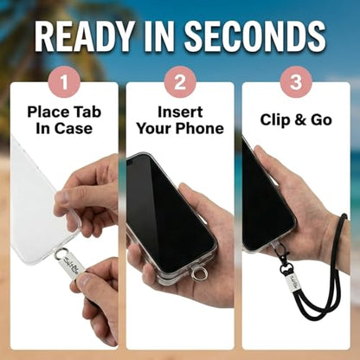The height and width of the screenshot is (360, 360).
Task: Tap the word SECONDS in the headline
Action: click(255, 36)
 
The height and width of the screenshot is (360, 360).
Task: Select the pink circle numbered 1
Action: click(64, 82)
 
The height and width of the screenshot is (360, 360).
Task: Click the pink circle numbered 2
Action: click(180, 82)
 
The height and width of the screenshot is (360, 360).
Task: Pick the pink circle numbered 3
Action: click(296, 82)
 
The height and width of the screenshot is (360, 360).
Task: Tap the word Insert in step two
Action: click(180, 112)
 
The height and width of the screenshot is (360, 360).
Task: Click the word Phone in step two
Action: click(200, 128)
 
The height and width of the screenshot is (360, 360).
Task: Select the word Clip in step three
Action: click(275, 120)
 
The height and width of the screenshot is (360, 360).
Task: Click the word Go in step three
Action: click(321, 120)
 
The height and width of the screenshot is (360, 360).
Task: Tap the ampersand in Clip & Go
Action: click(300, 120)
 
